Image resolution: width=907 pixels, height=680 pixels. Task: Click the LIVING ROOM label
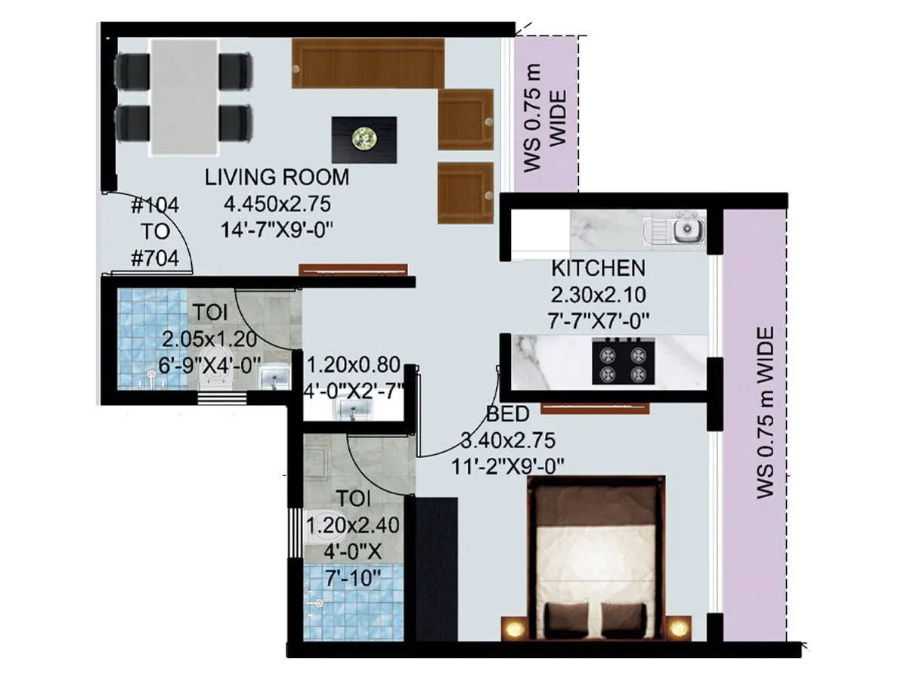277,178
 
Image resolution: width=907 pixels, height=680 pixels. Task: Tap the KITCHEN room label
598,267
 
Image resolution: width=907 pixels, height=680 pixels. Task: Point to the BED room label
508,414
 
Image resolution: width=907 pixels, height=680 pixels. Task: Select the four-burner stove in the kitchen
623,363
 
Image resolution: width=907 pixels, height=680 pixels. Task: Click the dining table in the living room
183,97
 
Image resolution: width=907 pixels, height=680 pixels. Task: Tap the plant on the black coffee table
364,138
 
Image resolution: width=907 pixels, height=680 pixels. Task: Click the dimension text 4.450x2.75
277,203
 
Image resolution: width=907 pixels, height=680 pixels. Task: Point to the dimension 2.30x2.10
597,295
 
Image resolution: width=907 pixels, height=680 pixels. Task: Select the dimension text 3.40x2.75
509,440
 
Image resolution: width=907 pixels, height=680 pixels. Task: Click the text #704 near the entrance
155,259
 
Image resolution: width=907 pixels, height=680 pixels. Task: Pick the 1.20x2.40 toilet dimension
354,524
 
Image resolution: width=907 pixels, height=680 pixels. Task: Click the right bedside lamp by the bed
678,628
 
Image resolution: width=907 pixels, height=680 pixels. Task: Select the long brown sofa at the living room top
367,63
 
